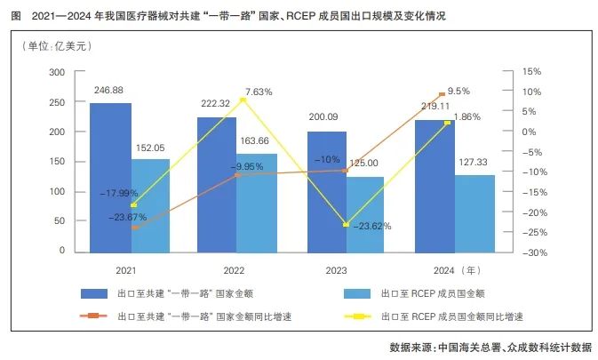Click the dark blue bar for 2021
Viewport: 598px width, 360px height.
pos(110,177)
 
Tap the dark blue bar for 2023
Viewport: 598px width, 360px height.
pos(327,191)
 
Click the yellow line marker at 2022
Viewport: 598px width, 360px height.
pos(243,100)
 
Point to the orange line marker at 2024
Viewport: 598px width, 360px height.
pos(442,94)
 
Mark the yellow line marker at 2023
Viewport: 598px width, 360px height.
pos(346,225)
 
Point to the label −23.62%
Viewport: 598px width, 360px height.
pos(371,226)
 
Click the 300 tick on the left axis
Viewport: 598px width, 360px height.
pos(58,72)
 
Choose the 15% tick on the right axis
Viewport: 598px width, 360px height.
pos(530,72)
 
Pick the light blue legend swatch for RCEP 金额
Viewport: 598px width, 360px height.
pos(365,292)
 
